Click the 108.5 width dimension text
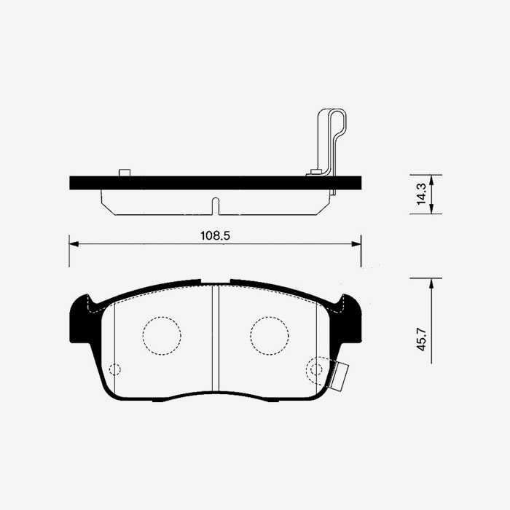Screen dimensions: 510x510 (x=215, y=235)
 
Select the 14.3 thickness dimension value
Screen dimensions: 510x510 (x=422, y=194)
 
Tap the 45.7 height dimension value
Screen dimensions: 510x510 (x=422, y=340)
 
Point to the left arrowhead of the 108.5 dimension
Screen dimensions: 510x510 (x=74, y=244)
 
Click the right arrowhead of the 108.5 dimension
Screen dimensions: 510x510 (x=356, y=244)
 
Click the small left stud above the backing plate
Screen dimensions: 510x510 (x=125, y=173)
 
